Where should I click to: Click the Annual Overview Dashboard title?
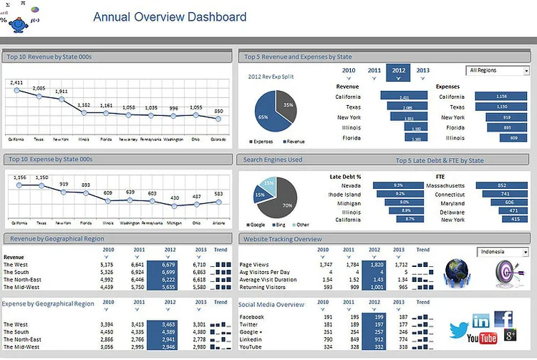pos(170,17)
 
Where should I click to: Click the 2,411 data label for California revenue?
pos(17,82)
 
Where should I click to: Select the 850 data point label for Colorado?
pos(218,111)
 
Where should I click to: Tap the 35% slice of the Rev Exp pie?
pos(286,104)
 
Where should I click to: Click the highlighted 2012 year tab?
pos(398,71)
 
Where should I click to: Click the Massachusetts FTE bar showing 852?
pos(501,185)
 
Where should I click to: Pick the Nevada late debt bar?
pos(398,185)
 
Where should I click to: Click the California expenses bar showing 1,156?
pos(501,97)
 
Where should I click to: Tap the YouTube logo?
pos(482,338)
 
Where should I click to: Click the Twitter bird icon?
pos(458,331)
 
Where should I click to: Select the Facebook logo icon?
pos(503,318)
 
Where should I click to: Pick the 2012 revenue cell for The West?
pos(162,265)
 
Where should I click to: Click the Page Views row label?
pos(254,265)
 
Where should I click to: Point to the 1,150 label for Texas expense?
pos(42,177)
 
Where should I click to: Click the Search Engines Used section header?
pos(273,160)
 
